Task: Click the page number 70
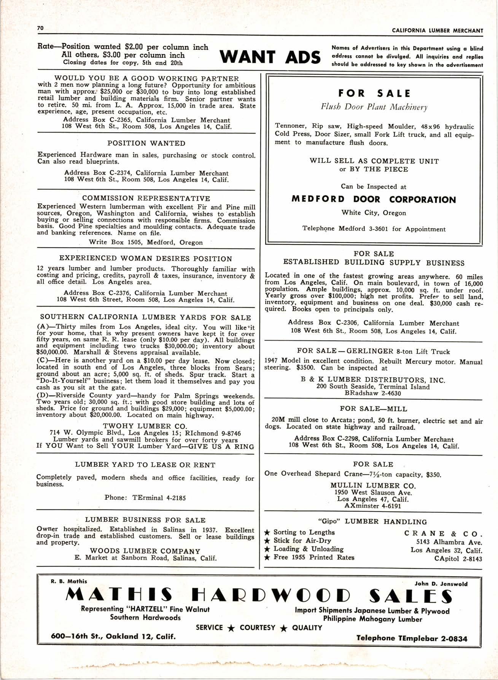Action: tap(41, 28)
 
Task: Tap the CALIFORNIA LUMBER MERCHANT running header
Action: tap(437, 31)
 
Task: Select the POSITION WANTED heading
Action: tap(146, 144)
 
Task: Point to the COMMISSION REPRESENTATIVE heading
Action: tap(146, 198)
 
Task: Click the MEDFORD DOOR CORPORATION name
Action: tap(374, 200)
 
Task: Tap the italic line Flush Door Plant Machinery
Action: tap(374, 107)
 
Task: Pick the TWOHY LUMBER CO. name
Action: tap(145, 426)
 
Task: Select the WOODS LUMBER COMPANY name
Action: tap(145, 551)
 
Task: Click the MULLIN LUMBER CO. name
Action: tap(373, 485)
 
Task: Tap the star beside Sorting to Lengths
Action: tap(267, 533)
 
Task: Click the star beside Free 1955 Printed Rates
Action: tap(267, 558)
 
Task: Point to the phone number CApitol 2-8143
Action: tap(458, 559)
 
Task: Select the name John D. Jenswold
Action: tap(441, 584)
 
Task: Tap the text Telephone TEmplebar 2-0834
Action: tap(412, 638)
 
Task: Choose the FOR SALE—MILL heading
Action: tap(373, 409)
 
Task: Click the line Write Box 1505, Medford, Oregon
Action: tap(146, 242)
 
